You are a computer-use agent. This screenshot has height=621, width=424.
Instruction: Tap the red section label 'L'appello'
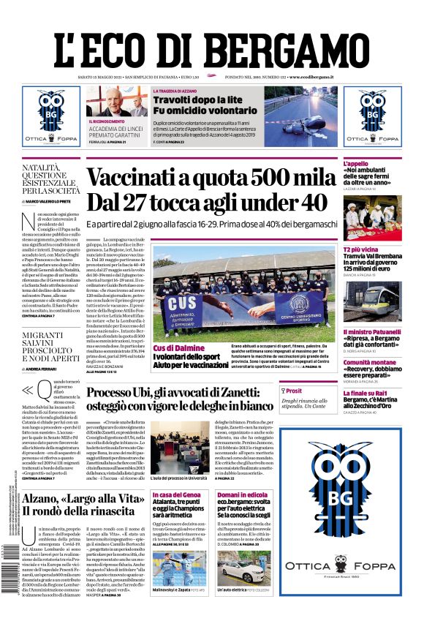(x=356, y=164)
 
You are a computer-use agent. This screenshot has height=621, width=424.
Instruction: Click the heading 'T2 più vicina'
(x=360, y=250)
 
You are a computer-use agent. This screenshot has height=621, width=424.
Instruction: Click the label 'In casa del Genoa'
(x=175, y=495)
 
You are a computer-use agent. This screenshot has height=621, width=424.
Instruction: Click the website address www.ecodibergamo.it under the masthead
(x=311, y=77)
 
